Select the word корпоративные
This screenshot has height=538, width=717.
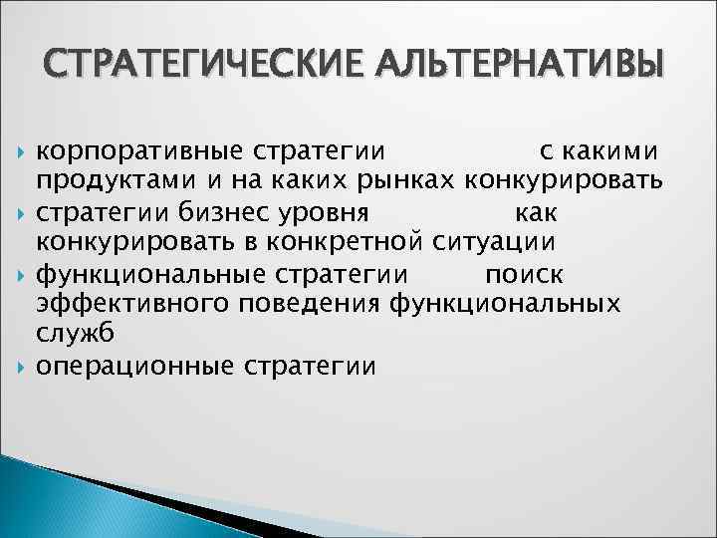pos(138,151)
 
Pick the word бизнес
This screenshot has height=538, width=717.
pos(218,212)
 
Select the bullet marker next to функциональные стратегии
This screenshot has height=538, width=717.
pos(22,273)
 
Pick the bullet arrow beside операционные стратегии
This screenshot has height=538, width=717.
pos(22,366)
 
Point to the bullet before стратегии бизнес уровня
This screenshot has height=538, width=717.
pos(22,213)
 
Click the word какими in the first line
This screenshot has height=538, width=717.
pos(611,151)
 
